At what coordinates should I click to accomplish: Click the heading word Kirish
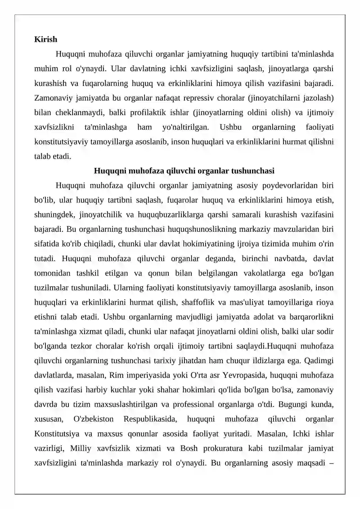pos(45,40)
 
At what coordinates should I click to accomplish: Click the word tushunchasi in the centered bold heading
pos(252,171)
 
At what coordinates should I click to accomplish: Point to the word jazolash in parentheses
pos(317,98)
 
